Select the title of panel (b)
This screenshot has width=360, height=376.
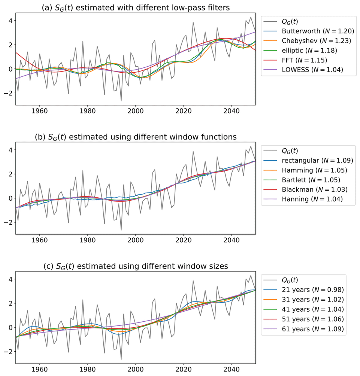135,137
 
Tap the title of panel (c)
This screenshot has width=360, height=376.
135,266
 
